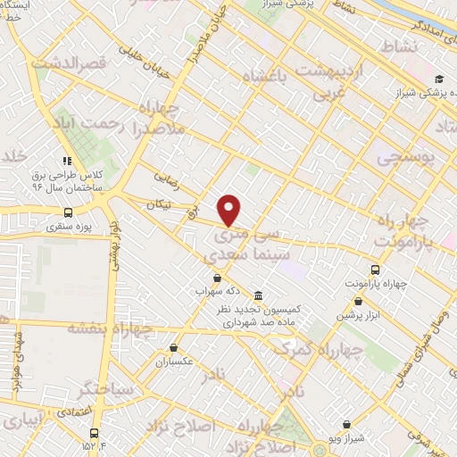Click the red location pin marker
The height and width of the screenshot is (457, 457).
pos(229,209)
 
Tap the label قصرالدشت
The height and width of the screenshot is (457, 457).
pos(69,63)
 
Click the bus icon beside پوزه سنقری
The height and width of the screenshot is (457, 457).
pos(69,212)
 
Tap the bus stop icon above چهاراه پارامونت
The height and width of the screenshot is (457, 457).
pos(374,269)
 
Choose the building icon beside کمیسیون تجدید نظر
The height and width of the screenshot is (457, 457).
pos(258,295)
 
